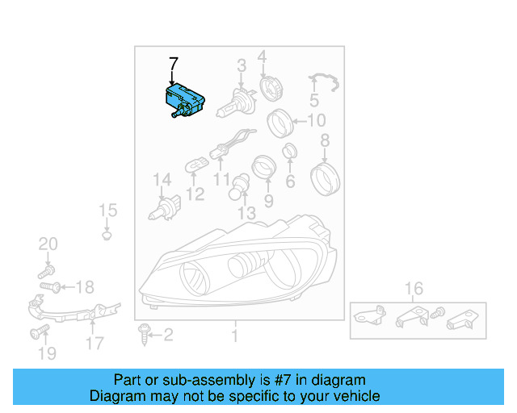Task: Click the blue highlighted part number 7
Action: click(183, 101)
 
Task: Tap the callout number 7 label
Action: click(173, 65)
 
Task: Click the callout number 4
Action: click(262, 56)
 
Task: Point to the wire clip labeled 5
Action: click(324, 81)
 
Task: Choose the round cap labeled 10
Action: click(280, 123)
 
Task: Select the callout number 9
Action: click(268, 199)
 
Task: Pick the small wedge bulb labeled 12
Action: click(195, 166)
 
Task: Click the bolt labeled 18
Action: click(48, 285)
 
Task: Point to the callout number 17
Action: click(95, 343)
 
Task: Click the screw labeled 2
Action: click(145, 332)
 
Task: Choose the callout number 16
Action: click(414, 288)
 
